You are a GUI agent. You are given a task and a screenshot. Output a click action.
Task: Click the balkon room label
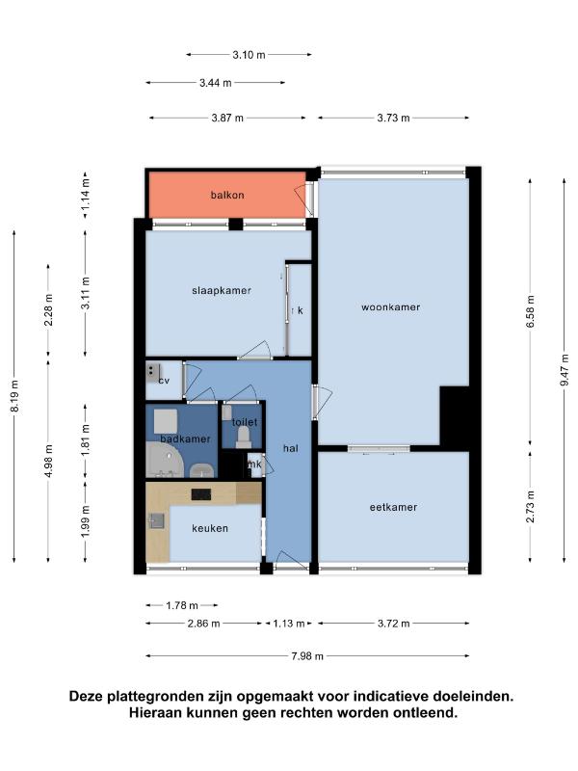pyautogui.click(x=227, y=196)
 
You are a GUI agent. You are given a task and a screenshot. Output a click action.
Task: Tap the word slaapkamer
pyautogui.click(x=222, y=291)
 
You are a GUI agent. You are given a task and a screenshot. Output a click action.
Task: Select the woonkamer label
pyautogui.click(x=391, y=307)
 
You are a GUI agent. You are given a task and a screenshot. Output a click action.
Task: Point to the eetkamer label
pyautogui.click(x=393, y=507)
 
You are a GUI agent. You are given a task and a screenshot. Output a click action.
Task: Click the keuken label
pyautogui.click(x=210, y=528)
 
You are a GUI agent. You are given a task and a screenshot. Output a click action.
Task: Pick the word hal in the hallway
pyautogui.click(x=291, y=448)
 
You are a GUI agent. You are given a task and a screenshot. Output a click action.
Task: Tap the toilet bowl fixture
pyautogui.click(x=244, y=437)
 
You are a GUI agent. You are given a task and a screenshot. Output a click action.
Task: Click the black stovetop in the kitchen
pyautogui.click(x=201, y=494)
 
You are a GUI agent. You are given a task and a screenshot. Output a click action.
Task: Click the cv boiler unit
pyautogui.click(x=153, y=373)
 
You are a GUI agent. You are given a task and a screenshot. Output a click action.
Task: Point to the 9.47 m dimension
pyautogui.click(x=565, y=370)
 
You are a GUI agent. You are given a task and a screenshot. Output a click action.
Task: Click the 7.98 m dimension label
pyautogui.click(x=307, y=656)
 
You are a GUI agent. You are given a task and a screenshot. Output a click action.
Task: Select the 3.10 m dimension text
pyautogui.click(x=249, y=55)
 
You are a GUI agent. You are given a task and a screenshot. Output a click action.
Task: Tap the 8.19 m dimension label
pyautogui.click(x=14, y=396)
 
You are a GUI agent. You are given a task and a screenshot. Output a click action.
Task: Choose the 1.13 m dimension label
pyautogui.click(x=289, y=624)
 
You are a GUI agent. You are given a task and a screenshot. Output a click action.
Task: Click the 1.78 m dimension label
pyautogui.click(x=182, y=605)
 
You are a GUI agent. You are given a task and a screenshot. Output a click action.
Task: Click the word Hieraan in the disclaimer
pyautogui.click(x=155, y=712)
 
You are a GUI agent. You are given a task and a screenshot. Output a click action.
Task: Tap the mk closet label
pyautogui.click(x=254, y=465)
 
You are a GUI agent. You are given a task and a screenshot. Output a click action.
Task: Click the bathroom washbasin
pyautogui.click(x=202, y=470)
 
